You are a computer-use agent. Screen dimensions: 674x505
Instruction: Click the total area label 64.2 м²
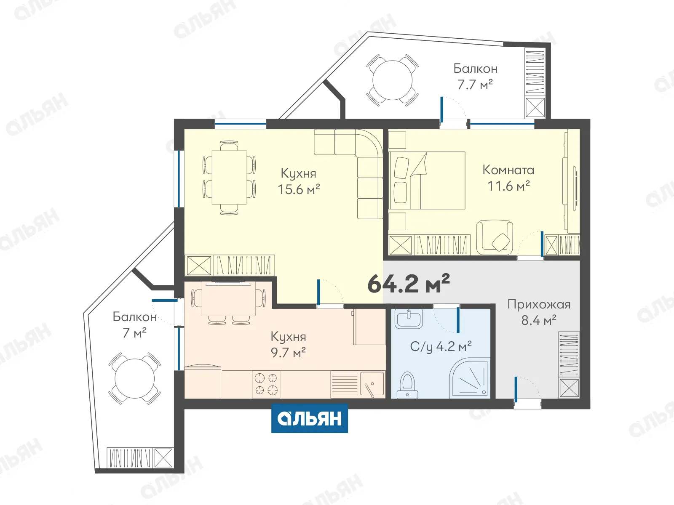point(408,283)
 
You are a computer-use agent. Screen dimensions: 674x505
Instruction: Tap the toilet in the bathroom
point(407,385)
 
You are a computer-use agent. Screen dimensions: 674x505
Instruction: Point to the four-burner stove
point(266,384)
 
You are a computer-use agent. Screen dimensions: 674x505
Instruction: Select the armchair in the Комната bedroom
point(495,237)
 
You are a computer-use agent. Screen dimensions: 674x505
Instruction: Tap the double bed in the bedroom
point(427,180)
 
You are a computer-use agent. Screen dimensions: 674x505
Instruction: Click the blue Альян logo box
point(310,418)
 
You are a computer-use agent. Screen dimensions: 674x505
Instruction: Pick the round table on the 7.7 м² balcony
point(392,80)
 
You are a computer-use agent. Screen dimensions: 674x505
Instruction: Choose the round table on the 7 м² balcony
point(134,378)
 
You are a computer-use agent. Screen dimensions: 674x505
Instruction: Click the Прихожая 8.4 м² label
point(539,312)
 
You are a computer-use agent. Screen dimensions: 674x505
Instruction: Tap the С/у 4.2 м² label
point(441,346)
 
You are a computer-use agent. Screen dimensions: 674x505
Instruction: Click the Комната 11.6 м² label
point(508,178)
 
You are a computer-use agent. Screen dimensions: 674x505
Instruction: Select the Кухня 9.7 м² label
point(288,345)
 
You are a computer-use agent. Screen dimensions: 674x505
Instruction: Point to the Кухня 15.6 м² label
point(299,181)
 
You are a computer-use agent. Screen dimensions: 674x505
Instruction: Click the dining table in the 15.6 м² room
point(229,177)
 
